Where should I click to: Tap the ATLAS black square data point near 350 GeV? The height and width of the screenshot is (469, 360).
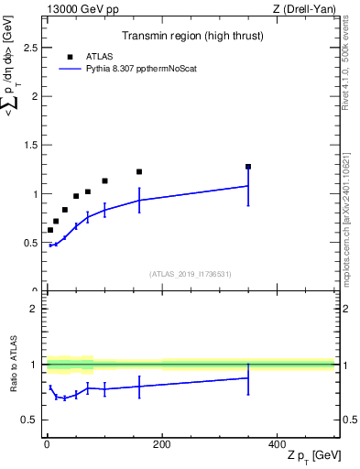pyautogui.click(x=248, y=167)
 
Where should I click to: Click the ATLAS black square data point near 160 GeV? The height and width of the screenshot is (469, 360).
pyautogui.click(x=139, y=171)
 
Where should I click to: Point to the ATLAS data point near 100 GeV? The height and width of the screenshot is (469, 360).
pyautogui.click(x=104, y=181)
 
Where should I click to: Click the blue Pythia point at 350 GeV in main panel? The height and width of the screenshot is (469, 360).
pyautogui.click(x=248, y=186)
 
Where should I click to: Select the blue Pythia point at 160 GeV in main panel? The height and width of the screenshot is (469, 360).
pyautogui.click(x=139, y=200)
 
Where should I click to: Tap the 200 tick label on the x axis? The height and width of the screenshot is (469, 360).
pyautogui.click(x=161, y=444)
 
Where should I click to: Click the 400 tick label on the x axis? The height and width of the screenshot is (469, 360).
pyautogui.click(x=277, y=444)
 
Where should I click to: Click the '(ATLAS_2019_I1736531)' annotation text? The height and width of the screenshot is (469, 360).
pyautogui.click(x=191, y=273)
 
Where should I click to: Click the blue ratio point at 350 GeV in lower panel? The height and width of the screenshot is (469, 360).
pyautogui.click(x=248, y=377)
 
